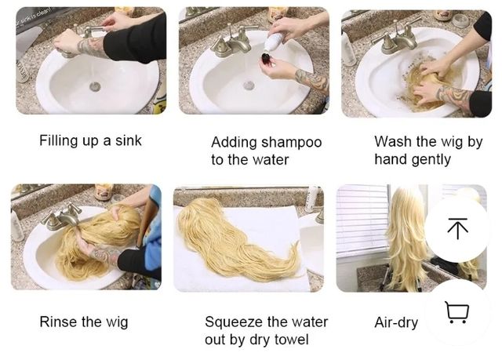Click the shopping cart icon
point(457,312)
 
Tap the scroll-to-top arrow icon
point(458,228)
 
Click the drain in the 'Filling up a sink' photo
point(95,86)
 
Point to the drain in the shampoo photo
point(249,85)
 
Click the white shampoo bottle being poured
point(274,41)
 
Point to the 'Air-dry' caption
point(396,322)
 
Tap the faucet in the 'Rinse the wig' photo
point(61,216)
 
